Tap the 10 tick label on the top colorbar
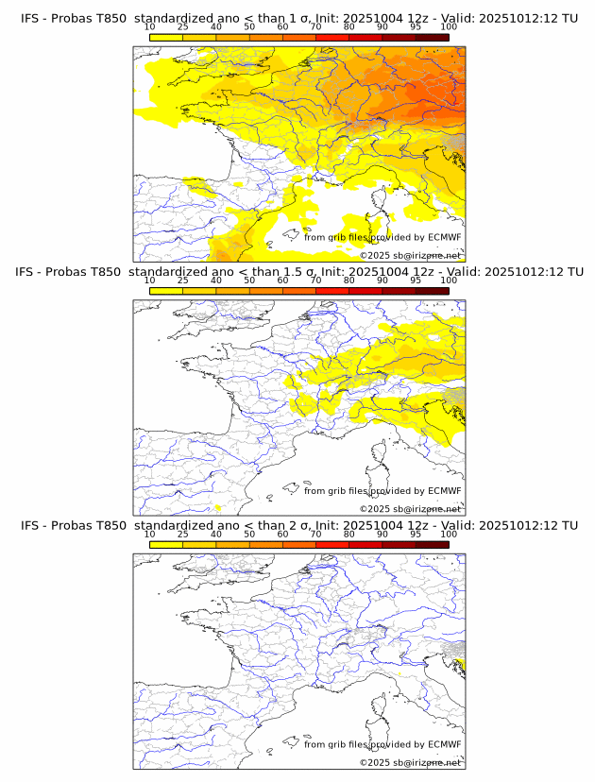[x=150, y=27]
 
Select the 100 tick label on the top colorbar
[x=449, y=27]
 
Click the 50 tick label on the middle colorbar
[x=249, y=280]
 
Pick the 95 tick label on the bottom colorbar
[x=416, y=534]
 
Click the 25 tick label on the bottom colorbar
[x=183, y=534]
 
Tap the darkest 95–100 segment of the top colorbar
[x=432, y=37]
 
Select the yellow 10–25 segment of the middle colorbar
[x=166, y=290]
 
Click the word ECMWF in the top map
[x=444, y=237]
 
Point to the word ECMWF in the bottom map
[x=444, y=744]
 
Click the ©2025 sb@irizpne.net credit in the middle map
[x=410, y=508]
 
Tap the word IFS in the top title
[x=31, y=19]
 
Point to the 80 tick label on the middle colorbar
[x=349, y=280]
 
